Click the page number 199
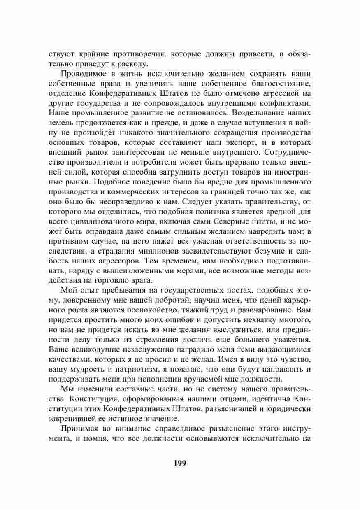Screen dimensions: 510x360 click(x=180, y=463)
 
